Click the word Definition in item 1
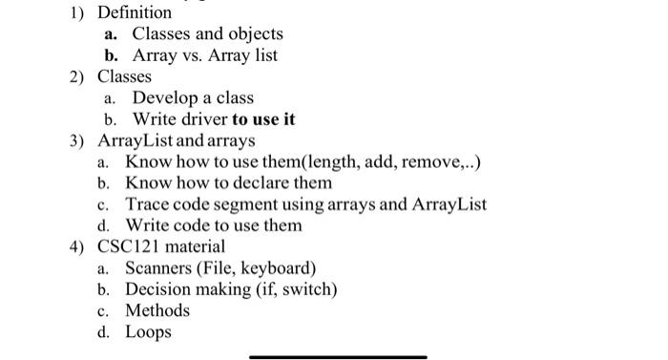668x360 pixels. coord(135,12)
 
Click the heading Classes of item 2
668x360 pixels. coord(124,76)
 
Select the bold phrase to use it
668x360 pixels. coord(262,119)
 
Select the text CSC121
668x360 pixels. coord(131,246)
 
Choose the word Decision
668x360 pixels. coord(160,289)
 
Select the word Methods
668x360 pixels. coord(157,310)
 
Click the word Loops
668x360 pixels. coord(148,332)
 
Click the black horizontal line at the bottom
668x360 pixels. coord(338,357)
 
